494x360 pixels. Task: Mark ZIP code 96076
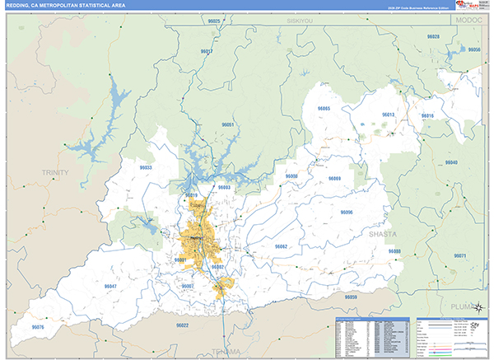(38, 327)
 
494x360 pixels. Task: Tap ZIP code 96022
(182, 325)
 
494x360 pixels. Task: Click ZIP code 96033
(146, 167)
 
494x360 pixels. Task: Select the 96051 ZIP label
(228, 124)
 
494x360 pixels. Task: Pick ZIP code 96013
(389, 115)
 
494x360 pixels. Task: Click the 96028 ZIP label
(433, 37)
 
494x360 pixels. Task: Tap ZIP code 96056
(473, 50)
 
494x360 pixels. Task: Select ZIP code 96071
(459, 255)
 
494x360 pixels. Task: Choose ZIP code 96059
(352, 296)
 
